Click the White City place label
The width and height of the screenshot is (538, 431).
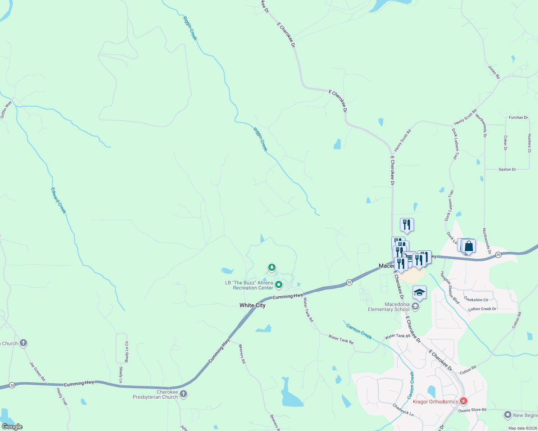pyautogui.click(x=252, y=305)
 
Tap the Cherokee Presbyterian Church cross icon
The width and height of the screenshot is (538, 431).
pyautogui.click(x=183, y=394)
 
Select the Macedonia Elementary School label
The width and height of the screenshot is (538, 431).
pyautogui.click(x=388, y=307)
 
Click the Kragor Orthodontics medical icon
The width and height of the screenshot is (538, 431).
pyautogui.click(x=464, y=401)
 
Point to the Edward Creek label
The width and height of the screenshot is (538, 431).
pyautogui.click(x=59, y=200)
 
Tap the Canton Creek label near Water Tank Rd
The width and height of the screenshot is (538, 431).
pyautogui.click(x=359, y=331)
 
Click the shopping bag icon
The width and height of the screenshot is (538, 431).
pyautogui.click(x=469, y=246)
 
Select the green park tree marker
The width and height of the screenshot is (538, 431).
pyautogui.click(x=272, y=268)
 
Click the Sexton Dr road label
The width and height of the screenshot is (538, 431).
pyautogui.click(x=507, y=170)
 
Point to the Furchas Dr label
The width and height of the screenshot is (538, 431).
pyautogui.click(x=518, y=117)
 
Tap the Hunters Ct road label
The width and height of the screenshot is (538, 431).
pyautogui.click(x=529, y=143)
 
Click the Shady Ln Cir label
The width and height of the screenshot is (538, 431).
pyautogui.click(x=127, y=352)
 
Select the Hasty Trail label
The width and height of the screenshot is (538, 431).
pyautogui.click(x=62, y=397)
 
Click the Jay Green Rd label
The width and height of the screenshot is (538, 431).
pyautogui.click(x=37, y=371)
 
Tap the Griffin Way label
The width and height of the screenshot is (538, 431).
pyautogui.click(x=6, y=110)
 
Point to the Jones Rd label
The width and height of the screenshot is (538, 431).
pyautogui.click(x=494, y=72)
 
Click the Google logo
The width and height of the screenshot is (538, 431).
pyautogui.click(x=12, y=427)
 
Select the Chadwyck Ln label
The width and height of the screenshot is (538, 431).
pyautogui.click(x=403, y=410)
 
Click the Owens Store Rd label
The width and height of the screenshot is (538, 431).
pyautogui.click(x=472, y=410)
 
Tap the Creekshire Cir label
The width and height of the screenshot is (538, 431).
pyautogui.click(x=476, y=300)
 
